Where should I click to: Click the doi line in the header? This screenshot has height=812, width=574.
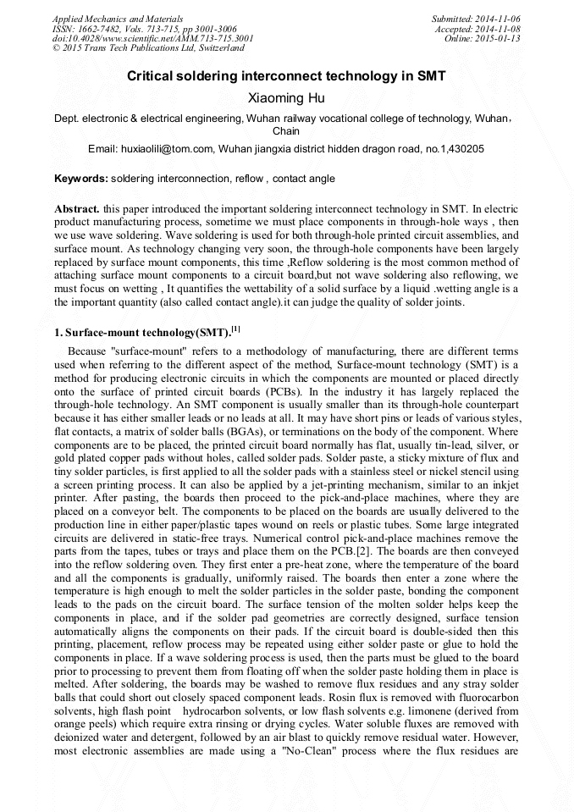tap(152, 39)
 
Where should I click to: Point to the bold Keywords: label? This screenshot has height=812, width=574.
tap(81, 179)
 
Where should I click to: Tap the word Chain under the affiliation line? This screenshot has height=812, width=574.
tap(285, 131)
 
